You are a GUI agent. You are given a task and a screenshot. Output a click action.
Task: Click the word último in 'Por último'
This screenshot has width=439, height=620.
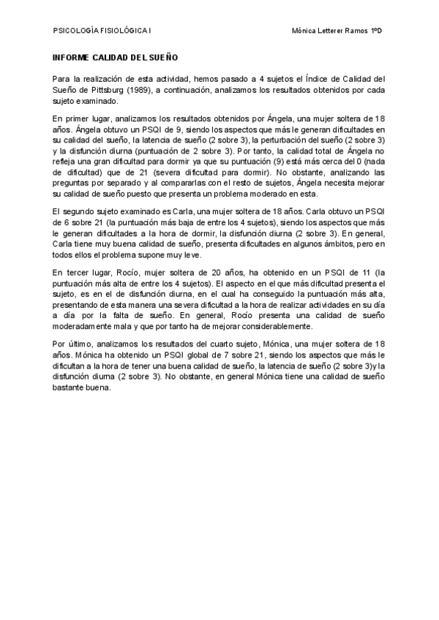(79, 344)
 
